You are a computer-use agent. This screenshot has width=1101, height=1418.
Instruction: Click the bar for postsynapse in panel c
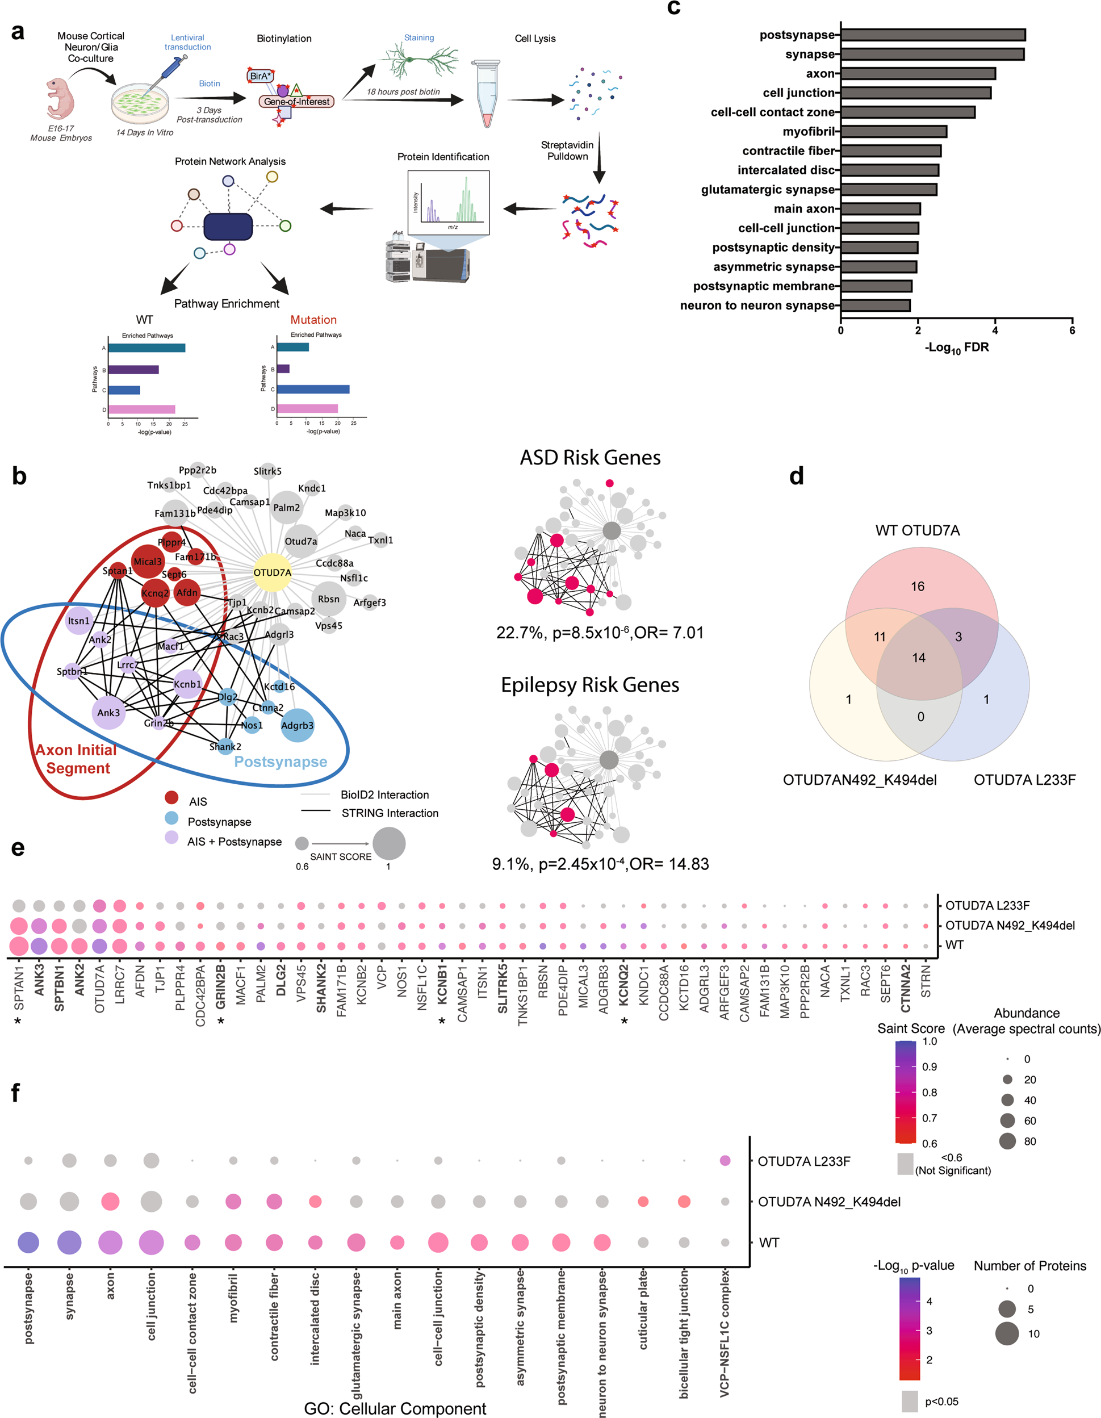(932, 35)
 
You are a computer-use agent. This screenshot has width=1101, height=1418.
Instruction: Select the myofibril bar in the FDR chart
(893, 132)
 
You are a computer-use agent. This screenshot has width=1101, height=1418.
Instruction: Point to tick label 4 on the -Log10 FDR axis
(995, 331)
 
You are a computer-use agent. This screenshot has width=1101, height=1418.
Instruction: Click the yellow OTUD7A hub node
(272, 572)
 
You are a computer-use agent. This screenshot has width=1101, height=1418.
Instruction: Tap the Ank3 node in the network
(108, 713)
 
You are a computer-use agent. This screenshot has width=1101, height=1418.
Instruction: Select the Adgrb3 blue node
(298, 726)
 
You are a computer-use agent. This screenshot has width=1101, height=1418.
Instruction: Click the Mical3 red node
(148, 562)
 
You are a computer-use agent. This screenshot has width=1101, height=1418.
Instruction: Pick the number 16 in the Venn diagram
(917, 586)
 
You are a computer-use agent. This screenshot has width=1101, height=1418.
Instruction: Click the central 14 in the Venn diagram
(919, 658)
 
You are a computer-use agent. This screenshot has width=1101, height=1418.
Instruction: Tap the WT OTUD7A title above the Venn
(917, 530)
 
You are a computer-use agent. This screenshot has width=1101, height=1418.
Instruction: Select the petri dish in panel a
(140, 103)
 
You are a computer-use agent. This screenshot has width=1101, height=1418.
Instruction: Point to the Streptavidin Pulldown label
(567, 150)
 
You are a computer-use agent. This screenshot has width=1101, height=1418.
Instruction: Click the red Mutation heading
(313, 320)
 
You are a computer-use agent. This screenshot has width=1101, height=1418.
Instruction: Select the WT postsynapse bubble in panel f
(28, 1243)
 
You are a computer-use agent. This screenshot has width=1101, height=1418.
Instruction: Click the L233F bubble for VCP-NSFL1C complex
(725, 1161)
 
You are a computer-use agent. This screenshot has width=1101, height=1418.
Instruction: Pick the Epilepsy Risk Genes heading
(589, 685)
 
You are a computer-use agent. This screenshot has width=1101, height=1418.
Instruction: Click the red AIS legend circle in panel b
(171, 797)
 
